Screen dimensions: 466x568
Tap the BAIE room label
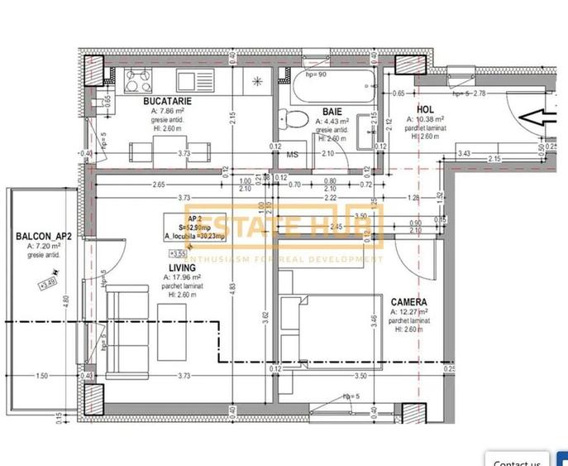click(332, 110)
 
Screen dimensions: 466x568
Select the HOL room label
click(425, 108)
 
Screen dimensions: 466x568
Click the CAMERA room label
click(409, 302)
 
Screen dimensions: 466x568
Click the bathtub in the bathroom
click(326, 86)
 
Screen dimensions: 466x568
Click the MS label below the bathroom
click(292, 155)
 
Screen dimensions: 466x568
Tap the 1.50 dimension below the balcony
click(41, 376)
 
